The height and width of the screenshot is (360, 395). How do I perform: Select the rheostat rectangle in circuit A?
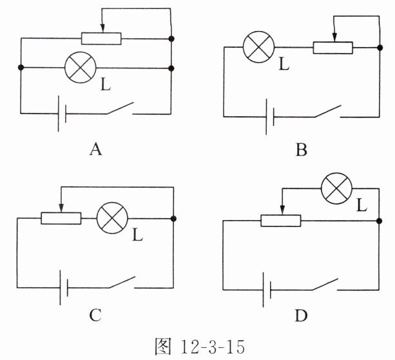[x=101, y=37]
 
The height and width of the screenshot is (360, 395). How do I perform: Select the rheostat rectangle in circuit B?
[x=333, y=48]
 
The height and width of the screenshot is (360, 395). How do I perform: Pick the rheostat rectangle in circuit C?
[x=61, y=218]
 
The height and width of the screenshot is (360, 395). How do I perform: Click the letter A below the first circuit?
[x=95, y=150]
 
